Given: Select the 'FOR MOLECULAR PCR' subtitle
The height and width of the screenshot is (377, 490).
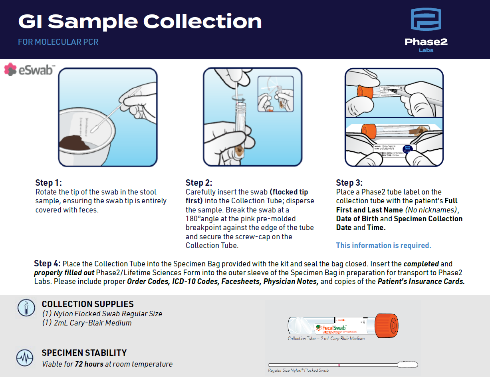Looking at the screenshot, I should coord(58,42).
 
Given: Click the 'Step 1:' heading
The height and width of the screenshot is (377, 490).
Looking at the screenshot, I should coord(49,183).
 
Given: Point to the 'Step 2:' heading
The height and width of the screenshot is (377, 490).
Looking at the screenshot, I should coord(199,183).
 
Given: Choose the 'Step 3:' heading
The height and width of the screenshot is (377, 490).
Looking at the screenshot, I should coord(349,183).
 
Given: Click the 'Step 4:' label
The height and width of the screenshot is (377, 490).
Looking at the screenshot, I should coord(47,264).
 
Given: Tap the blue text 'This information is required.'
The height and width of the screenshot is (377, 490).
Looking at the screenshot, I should coord(383,245).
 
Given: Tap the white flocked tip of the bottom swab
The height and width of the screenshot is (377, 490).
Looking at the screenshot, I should coord(407,365).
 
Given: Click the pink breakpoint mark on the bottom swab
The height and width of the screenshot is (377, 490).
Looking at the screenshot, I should coord(339,365).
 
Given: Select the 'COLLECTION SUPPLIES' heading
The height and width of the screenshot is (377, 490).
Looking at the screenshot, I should coord(87,304).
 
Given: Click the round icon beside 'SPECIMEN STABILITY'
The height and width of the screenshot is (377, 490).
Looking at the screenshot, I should coord(25,357).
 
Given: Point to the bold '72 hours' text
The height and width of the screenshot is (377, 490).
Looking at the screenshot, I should coord(89,364).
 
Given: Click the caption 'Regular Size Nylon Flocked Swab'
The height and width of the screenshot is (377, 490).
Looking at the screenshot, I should coord(298,371).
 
